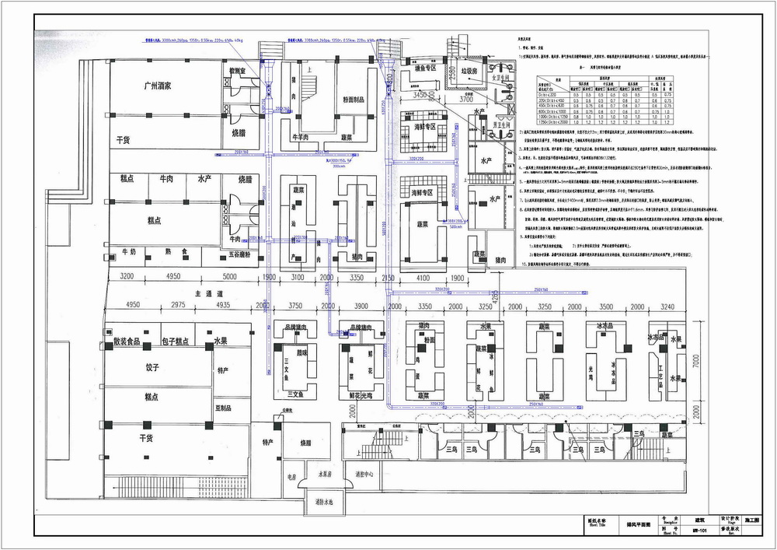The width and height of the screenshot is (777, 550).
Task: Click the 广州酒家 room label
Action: point(162,85)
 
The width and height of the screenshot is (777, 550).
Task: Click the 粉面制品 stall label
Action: point(354,100)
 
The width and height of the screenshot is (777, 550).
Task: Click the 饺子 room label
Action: point(152,367)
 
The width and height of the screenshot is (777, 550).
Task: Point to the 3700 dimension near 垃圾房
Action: point(465,100)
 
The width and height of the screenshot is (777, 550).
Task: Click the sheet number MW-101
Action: point(700,531)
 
